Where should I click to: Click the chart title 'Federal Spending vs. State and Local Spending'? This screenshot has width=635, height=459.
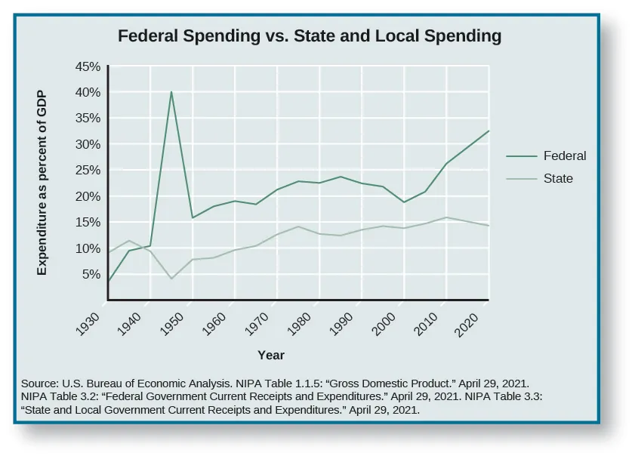pos(309,35)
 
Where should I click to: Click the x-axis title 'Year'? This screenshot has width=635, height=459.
pos(271,355)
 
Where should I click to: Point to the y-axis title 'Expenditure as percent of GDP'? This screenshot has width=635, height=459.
pos(42,183)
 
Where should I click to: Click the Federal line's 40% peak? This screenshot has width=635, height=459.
pos(171,92)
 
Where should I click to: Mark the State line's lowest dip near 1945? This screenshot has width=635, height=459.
pos(171,279)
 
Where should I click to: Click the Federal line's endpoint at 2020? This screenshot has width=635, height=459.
pos(489,131)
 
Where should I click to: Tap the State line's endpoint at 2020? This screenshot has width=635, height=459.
pos(489,226)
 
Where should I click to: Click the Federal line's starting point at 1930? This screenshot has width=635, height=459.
pos(108,282)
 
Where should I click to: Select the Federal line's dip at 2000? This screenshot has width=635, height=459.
pos(404,202)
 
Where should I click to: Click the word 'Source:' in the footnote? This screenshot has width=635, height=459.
pos(40,383)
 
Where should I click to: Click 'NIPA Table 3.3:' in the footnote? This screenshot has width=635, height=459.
pos(501,396)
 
